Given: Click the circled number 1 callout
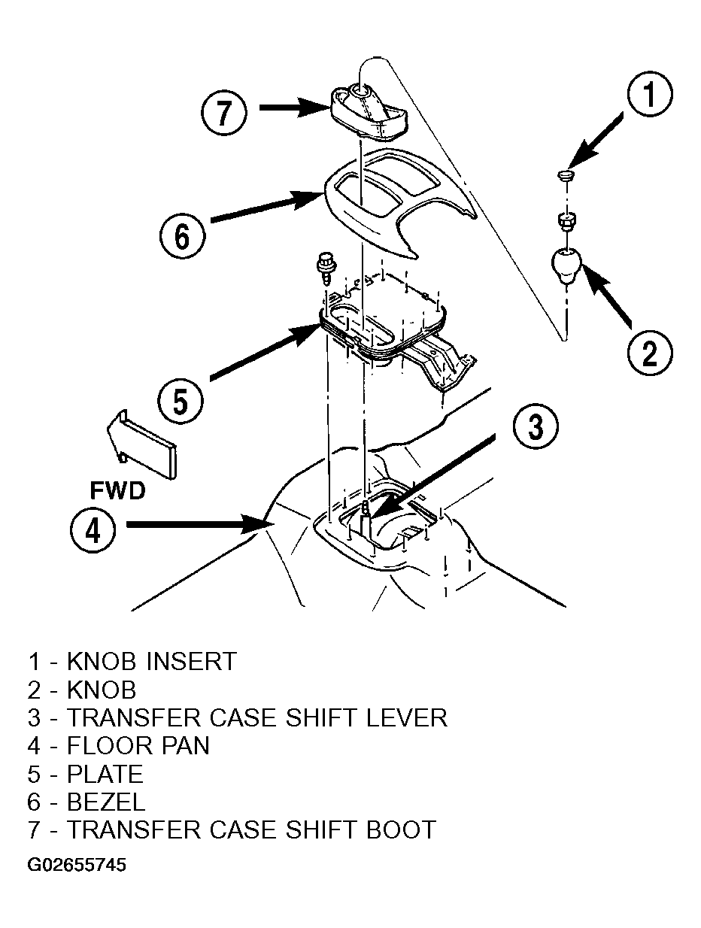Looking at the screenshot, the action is coord(649,94).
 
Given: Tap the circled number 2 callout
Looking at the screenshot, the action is coord(649,353).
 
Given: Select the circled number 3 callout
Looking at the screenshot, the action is coord(536,427).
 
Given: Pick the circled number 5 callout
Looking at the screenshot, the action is coord(180,402).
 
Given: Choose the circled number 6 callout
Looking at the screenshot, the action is coord(182,236).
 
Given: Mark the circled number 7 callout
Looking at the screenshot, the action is coord(223,113).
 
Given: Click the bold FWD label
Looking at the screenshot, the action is coord(117,490).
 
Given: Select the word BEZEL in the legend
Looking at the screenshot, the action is coord(106,802).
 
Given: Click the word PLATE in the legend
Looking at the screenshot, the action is coord(105,774).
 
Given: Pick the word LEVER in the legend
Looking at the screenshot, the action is coord(406,718).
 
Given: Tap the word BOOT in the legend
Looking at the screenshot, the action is coord(401,829).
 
